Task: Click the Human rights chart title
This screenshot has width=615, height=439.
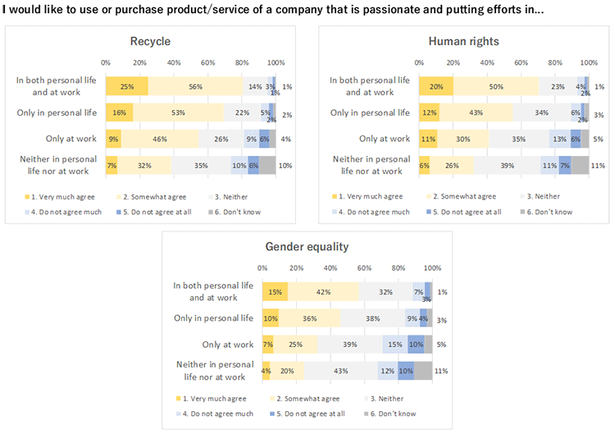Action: click(463, 42)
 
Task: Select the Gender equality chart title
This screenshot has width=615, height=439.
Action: click(307, 247)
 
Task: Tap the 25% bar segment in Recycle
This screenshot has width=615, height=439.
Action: click(126, 86)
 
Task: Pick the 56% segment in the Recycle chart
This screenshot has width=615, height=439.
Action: click(195, 86)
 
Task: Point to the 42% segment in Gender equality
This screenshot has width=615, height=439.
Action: click(323, 291)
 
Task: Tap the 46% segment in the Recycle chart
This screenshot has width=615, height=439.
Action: click(160, 139)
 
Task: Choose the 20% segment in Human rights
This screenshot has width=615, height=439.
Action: click(435, 86)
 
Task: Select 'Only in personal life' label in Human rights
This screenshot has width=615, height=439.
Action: click(370, 112)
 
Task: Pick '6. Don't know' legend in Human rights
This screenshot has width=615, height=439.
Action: click(549, 211)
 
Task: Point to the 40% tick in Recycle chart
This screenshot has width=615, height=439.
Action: click(174, 62)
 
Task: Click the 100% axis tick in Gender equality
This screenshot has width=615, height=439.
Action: click(433, 268)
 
